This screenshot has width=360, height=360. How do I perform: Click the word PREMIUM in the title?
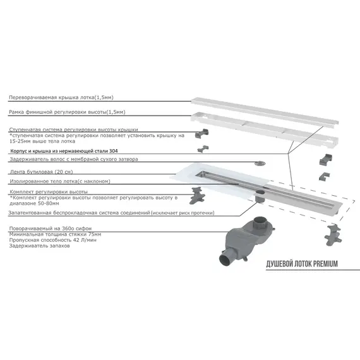coord(325,263)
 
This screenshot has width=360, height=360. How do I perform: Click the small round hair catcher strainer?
coord(260,164)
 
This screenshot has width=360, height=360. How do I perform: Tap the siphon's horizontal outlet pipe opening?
coord(224,259)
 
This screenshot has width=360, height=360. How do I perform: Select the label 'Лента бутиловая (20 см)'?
coord(41,172)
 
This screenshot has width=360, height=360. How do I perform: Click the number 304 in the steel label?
coord(114,151)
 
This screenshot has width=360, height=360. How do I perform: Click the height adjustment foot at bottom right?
coord(333,235)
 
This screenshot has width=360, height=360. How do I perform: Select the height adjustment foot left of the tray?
coord(197,195)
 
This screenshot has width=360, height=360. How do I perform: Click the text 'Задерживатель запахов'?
coord(40,246)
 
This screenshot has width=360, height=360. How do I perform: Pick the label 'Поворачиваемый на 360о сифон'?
coord(51,229)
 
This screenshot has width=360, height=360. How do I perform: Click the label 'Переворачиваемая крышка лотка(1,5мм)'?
coord(61,97)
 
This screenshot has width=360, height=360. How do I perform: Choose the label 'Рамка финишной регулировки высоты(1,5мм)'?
coord(67,112)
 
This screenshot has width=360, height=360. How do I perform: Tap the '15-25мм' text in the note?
coord(20,141)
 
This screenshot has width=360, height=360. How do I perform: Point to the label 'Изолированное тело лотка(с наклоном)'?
coord(60,181)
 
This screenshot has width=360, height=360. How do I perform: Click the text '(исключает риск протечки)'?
coord(183,213)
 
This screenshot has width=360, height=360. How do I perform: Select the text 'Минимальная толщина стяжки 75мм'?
coord(55,234)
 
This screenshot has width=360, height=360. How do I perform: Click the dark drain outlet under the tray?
coord(260,196)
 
